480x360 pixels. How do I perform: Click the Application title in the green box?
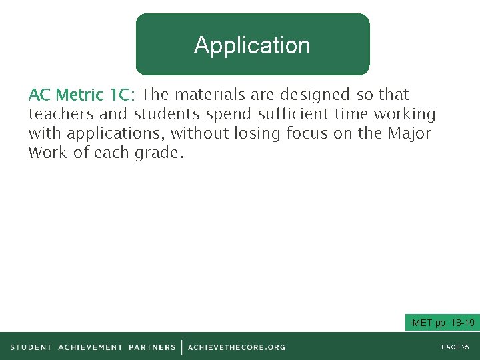coord(252,45)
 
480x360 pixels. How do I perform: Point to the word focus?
coord(307,133)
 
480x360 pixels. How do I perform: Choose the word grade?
coord(157,153)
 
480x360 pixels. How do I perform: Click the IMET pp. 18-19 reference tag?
coord(442,323)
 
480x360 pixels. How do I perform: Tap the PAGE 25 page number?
coord(455,347)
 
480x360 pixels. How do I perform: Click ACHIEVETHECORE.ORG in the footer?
coord(237,347)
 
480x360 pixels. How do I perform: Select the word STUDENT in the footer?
coord(31,347)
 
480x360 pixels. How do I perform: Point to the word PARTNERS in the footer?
coord(152,347)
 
